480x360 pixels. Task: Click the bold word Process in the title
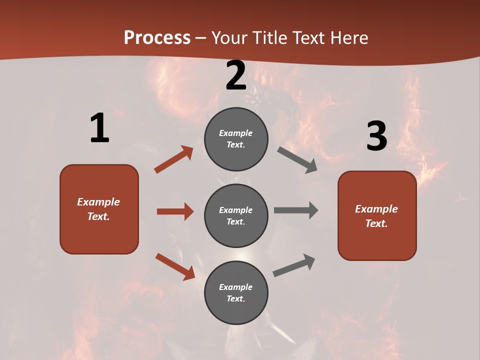click(157, 38)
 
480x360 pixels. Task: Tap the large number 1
click(99, 128)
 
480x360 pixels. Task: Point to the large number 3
click(376, 136)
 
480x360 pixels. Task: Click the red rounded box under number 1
click(99, 209)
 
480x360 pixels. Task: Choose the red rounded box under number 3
click(377, 215)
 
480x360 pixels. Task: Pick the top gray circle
click(236, 139)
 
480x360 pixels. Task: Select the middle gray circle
click(236, 215)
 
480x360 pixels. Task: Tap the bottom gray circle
click(236, 292)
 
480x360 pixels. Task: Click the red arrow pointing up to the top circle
click(173, 159)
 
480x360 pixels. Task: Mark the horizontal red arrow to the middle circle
click(175, 211)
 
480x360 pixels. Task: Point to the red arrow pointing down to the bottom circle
click(175, 266)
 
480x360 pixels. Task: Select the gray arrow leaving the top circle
click(297, 160)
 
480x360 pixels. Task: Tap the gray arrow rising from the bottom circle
click(294, 265)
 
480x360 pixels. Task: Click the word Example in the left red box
click(98, 202)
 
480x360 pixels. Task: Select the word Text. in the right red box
click(376, 223)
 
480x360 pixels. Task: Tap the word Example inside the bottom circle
click(236, 287)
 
